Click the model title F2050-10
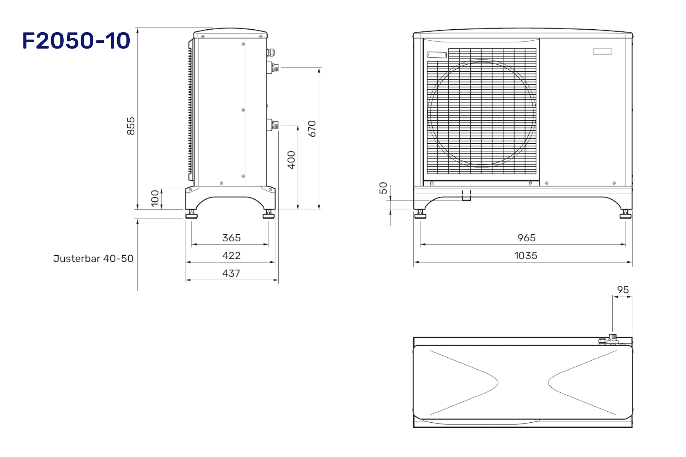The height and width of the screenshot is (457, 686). [x=76, y=41]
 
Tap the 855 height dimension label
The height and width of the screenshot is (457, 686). [x=131, y=126]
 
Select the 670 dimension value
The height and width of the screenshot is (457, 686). [x=312, y=129]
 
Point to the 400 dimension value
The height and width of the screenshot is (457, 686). [x=291, y=160]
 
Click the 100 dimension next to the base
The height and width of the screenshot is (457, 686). [x=155, y=198]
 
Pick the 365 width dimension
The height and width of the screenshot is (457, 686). [x=231, y=238]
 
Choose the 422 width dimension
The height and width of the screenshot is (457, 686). [x=231, y=256]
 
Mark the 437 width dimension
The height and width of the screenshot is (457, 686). [x=231, y=273]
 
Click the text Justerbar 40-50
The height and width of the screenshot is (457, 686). [x=93, y=258]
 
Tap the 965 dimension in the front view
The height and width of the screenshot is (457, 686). [x=526, y=238]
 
